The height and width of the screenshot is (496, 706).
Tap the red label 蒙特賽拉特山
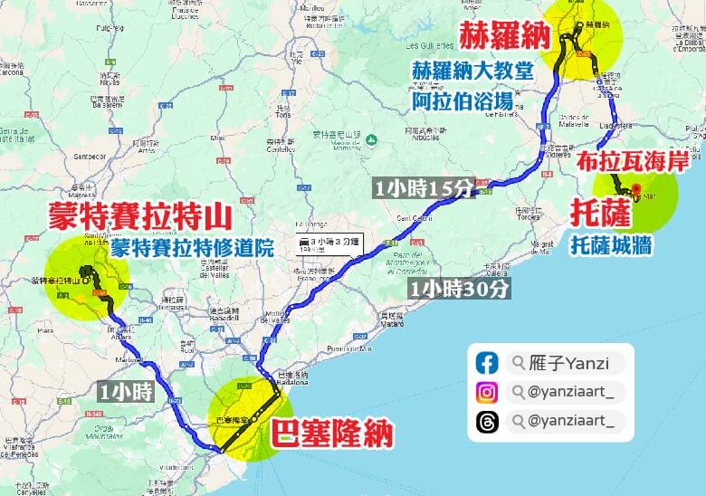(x=139, y=217)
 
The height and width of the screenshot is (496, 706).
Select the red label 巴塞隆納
(x=332, y=434)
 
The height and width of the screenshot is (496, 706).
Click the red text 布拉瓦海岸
(x=634, y=160)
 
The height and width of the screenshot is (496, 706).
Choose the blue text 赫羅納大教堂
(x=472, y=72)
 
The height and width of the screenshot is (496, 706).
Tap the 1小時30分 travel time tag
(x=459, y=289)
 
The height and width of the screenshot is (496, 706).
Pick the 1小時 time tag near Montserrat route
(x=127, y=392)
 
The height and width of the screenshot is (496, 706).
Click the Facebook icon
(x=487, y=364)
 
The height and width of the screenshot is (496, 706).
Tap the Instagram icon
(x=487, y=393)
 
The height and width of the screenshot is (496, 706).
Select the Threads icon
(x=487, y=421)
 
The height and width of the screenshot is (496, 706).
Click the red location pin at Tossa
(x=636, y=191)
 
